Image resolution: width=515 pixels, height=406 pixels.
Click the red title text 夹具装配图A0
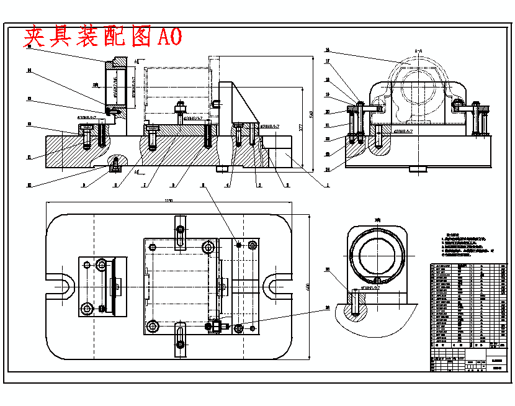[x=103, y=37]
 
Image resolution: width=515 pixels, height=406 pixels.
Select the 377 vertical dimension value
[x=300, y=127]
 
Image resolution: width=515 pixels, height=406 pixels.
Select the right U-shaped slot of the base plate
[x=275, y=286]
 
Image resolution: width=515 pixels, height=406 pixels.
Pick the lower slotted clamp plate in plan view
[x=180, y=338]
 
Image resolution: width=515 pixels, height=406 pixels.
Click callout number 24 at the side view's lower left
[x=327, y=168]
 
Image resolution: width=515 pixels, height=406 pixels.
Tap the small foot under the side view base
[x=416, y=168]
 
